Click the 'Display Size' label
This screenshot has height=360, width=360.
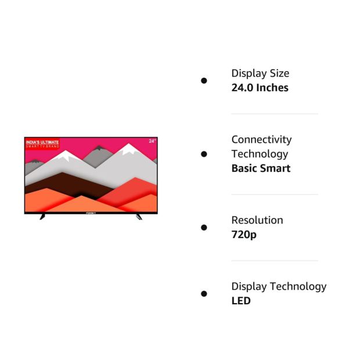260,74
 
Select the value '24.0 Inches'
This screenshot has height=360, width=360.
260,88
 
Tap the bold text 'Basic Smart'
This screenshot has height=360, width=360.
261,168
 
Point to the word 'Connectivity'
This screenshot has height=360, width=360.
261,139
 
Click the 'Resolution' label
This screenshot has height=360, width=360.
257,220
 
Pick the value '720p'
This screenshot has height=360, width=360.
244,235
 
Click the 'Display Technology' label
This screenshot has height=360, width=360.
279,287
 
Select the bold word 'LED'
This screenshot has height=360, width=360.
241,301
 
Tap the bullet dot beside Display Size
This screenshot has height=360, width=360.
204,81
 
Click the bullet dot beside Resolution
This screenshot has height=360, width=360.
204,228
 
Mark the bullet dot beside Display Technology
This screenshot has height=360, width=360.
204,294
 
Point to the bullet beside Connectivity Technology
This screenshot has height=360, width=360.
204,154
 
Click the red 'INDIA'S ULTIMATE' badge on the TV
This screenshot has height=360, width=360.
42,144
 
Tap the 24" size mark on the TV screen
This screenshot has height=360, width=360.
152,141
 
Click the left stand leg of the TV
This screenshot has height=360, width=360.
42,217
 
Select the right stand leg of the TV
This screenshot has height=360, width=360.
139,217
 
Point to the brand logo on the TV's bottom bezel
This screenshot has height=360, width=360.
91,213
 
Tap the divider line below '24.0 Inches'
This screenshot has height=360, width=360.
275,114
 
